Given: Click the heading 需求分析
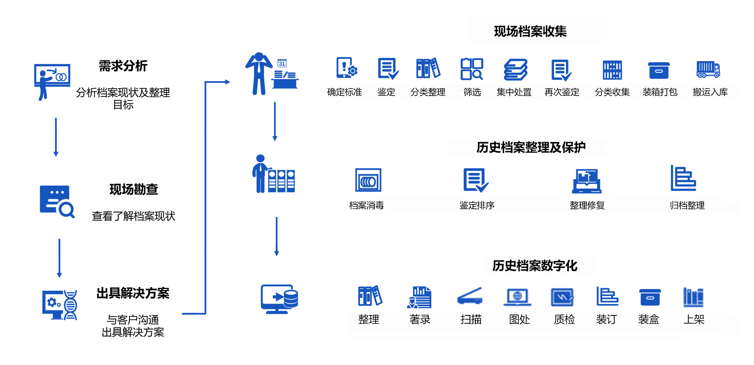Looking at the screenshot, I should click(123, 66).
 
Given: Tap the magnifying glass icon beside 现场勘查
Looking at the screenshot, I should click(57, 202).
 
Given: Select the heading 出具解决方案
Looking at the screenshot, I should click(133, 293).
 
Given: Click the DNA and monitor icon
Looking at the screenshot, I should click(60, 305).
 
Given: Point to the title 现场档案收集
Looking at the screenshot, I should click(530, 31).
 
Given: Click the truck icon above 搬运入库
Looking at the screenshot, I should click(708, 69).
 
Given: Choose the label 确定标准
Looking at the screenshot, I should click(345, 92).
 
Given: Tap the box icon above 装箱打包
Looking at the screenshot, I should click(658, 70).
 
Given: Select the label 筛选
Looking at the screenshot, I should click(472, 92).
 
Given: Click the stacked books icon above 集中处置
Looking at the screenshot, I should click(516, 70).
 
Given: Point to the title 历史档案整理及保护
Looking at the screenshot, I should click(531, 147).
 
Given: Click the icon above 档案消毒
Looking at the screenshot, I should click(368, 180).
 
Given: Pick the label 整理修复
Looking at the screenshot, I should click(587, 205).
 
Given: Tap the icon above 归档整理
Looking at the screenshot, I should click(683, 179).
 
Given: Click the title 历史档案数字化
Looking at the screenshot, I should click(535, 266).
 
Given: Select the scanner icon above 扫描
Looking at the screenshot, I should click(470, 297).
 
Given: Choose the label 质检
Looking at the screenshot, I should click(564, 319).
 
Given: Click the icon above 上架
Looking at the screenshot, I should click(693, 297).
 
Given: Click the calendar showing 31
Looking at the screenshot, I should click(282, 63).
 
